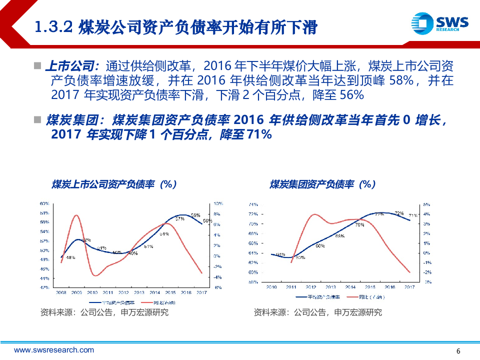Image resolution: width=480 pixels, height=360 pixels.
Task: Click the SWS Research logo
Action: coord(440,23)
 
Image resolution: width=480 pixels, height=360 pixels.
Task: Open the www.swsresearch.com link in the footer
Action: coord(54,350)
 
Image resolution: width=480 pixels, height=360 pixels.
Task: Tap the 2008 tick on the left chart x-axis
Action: coord(61,292)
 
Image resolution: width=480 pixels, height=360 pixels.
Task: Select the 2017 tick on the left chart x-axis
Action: coord(202,292)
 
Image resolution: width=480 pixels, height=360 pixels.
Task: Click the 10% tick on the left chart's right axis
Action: coord(218,204)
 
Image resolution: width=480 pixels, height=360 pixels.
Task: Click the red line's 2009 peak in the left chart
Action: coord(76,215)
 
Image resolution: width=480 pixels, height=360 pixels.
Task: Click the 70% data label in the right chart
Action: coord(359,225)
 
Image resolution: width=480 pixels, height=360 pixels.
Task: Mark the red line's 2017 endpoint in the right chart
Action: coord(410,272)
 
